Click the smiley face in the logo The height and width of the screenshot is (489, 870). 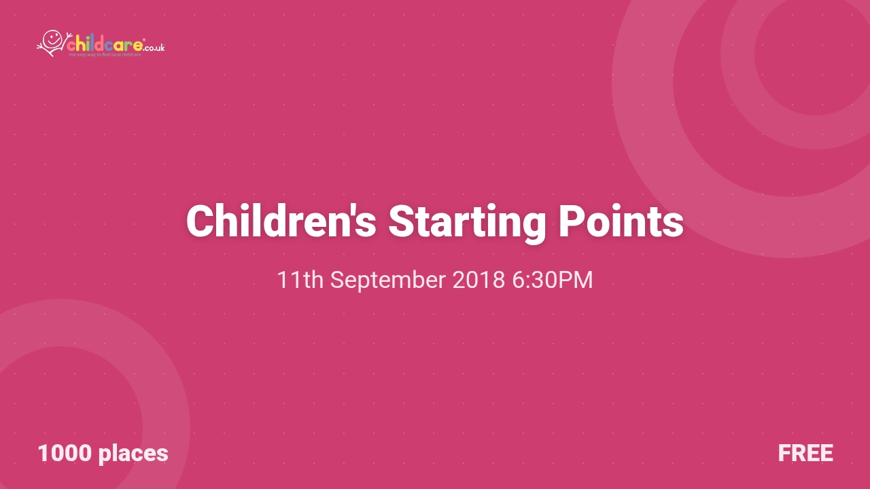click(52, 39)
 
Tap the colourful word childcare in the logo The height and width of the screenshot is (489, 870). click(105, 46)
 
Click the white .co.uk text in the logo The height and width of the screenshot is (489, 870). click(155, 48)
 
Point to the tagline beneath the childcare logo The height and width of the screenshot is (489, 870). click(105, 54)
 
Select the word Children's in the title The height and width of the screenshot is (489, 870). click(281, 221)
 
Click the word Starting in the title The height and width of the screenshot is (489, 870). click(467, 221)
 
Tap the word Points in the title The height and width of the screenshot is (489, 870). click(621, 221)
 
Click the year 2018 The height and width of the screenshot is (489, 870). click(478, 280)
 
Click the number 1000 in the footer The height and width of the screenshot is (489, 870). click(65, 453)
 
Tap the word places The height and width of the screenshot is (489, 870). click(133, 453)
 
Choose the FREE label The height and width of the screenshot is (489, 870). click(805, 453)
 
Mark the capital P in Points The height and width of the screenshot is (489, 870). click(572, 221)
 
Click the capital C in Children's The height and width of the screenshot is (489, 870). click(200, 221)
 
